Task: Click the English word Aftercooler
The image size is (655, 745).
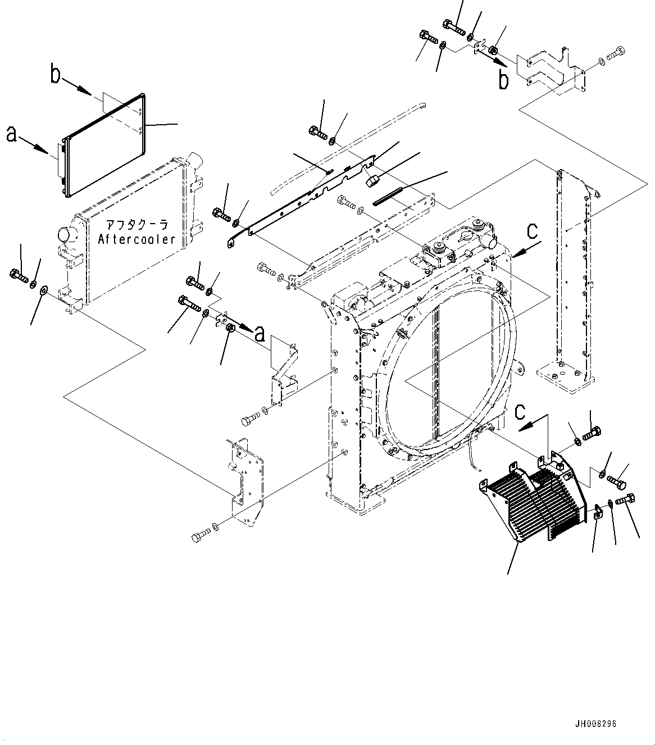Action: click(x=137, y=239)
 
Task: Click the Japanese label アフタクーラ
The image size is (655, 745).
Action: click(x=137, y=224)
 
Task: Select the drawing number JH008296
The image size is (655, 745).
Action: click(x=596, y=724)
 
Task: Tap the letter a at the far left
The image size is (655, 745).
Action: click(x=12, y=135)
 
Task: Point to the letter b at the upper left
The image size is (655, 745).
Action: click(x=55, y=75)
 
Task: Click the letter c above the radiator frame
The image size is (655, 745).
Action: click(x=532, y=231)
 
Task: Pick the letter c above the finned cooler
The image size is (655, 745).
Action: click(x=520, y=412)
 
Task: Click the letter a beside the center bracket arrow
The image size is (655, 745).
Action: click(x=260, y=334)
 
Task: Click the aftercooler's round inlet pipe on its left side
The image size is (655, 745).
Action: click(x=66, y=235)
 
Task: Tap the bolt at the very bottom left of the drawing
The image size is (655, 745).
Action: click(x=201, y=537)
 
